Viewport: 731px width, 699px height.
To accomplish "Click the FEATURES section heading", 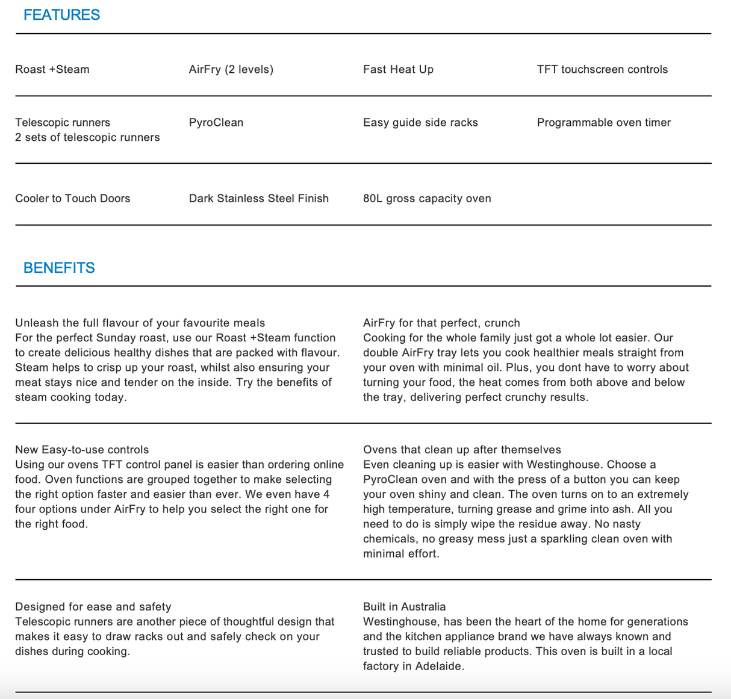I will pos(61,15).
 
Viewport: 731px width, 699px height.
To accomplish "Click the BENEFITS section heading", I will pos(59,268).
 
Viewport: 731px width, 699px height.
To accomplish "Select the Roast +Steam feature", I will pos(52,69).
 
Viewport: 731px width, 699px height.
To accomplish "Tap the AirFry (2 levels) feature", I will pos(231,69).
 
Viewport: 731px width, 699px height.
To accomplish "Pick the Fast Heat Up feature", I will pos(398,69).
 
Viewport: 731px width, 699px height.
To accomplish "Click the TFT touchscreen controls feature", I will pos(602,69).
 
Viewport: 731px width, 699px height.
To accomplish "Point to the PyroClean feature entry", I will pos(216,122).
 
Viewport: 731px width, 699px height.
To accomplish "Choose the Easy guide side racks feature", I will pos(420,122).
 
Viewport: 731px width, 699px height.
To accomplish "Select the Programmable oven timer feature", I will pos(603,122).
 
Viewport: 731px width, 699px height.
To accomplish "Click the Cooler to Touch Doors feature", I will pos(73,198).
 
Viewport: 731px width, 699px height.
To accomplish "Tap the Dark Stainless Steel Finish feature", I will pos(259,198).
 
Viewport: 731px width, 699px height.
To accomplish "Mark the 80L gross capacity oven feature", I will pos(427,198).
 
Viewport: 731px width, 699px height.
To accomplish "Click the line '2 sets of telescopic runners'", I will pos(87,137).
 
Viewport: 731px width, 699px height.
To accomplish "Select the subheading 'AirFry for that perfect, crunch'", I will pos(441,323).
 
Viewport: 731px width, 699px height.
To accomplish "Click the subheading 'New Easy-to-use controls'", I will pos(82,450).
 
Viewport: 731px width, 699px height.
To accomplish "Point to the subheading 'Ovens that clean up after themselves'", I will pos(462,450).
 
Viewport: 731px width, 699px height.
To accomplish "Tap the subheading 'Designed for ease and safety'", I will pos(93,607).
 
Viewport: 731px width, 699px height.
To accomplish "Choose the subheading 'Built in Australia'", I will pos(405,607).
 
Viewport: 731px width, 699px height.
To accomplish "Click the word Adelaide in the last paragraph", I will pos(438,666).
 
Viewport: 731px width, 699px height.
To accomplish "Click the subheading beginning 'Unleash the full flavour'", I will pos(140,323).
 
